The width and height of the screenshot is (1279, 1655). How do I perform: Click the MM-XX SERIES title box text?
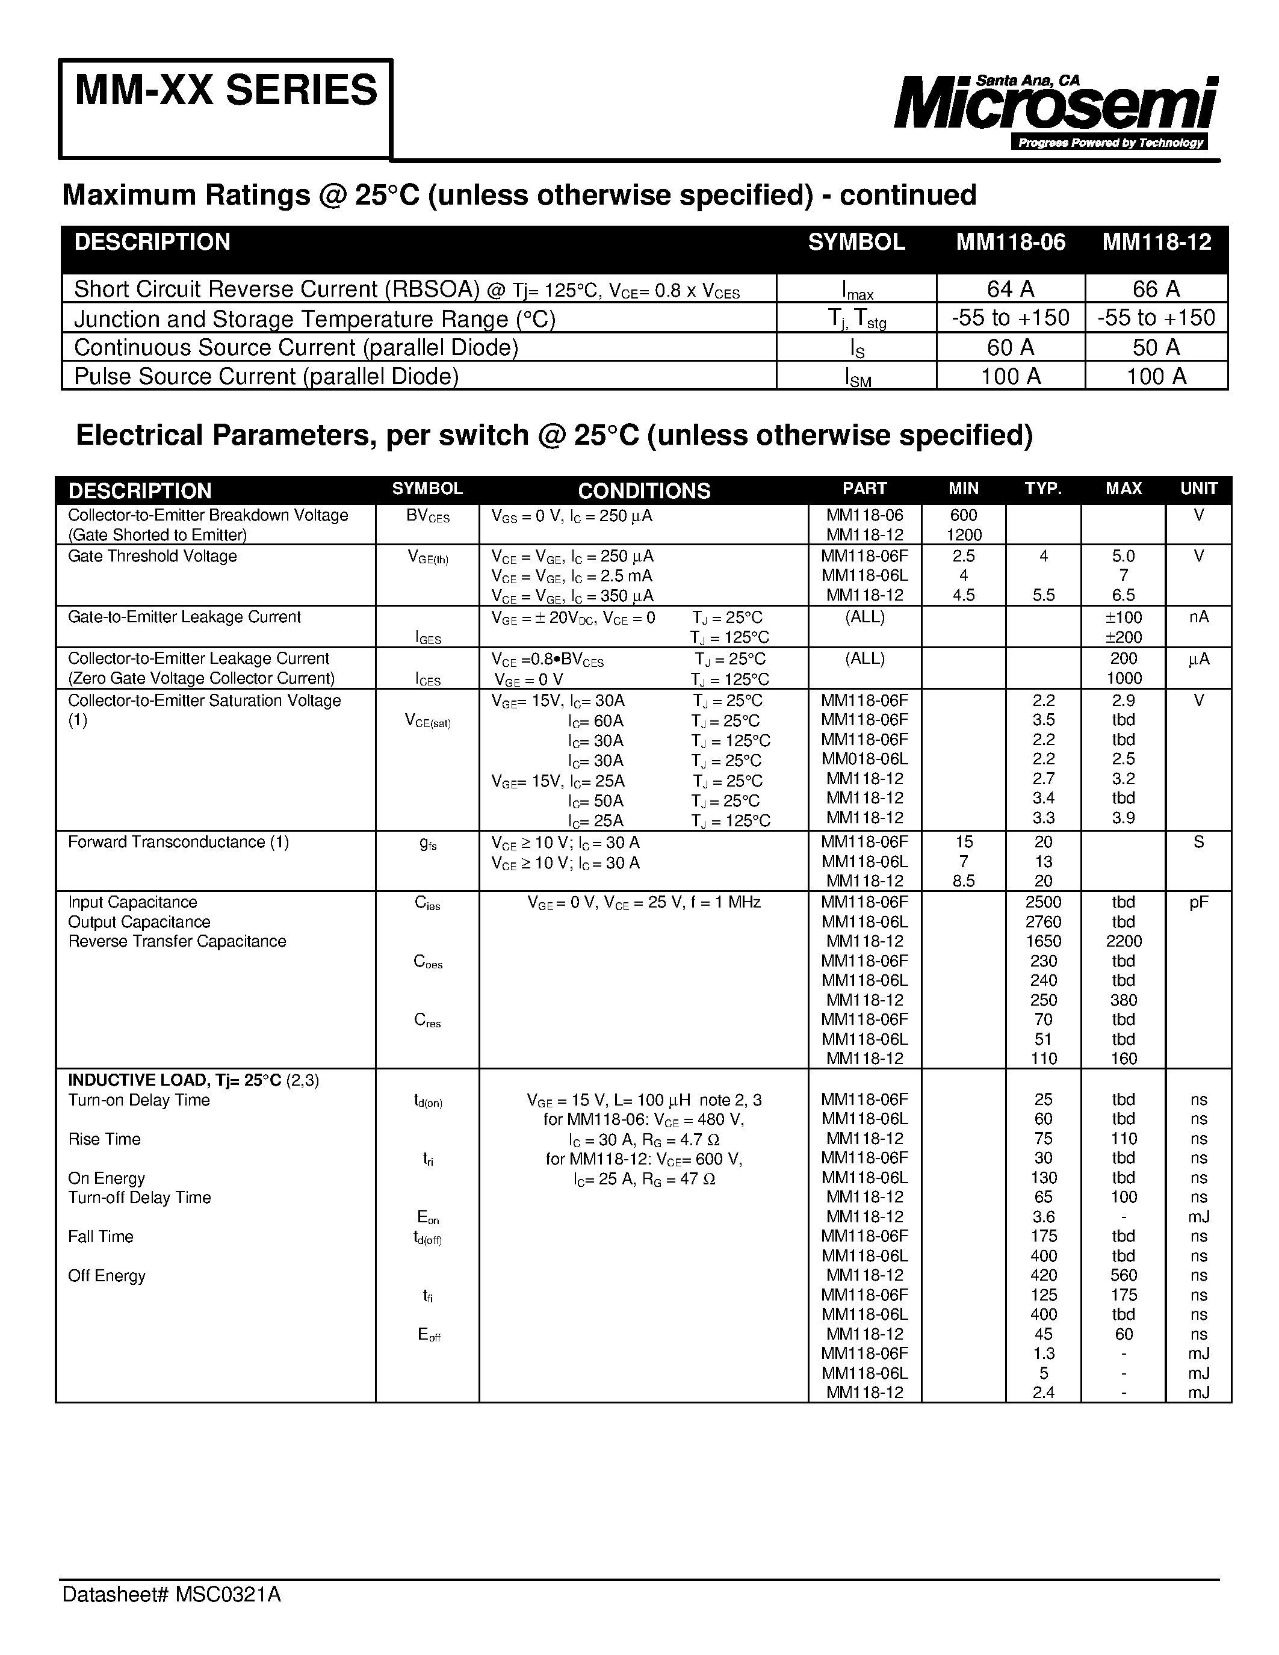[226, 91]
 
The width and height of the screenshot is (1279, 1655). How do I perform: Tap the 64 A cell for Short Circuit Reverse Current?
[1010, 289]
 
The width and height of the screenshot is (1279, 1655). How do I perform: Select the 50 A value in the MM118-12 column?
[1156, 347]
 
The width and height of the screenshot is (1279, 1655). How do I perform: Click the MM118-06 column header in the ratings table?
[1010, 242]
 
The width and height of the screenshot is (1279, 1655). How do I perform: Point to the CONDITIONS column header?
[643, 490]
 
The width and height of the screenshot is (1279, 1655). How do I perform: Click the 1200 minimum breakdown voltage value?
[964, 535]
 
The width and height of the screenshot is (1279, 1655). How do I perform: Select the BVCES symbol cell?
[427, 516]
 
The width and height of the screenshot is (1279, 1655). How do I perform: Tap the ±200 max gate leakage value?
[1123, 637]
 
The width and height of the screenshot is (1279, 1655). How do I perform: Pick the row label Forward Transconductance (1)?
[178, 842]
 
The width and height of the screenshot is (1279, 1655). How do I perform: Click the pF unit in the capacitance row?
[1198, 902]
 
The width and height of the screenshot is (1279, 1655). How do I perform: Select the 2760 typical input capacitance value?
[1043, 921]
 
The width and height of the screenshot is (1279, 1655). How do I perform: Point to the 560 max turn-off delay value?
[1123, 1275]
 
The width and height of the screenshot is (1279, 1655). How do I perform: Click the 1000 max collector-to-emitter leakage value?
[1123, 678]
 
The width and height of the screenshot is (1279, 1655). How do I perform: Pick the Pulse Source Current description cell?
[266, 376]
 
